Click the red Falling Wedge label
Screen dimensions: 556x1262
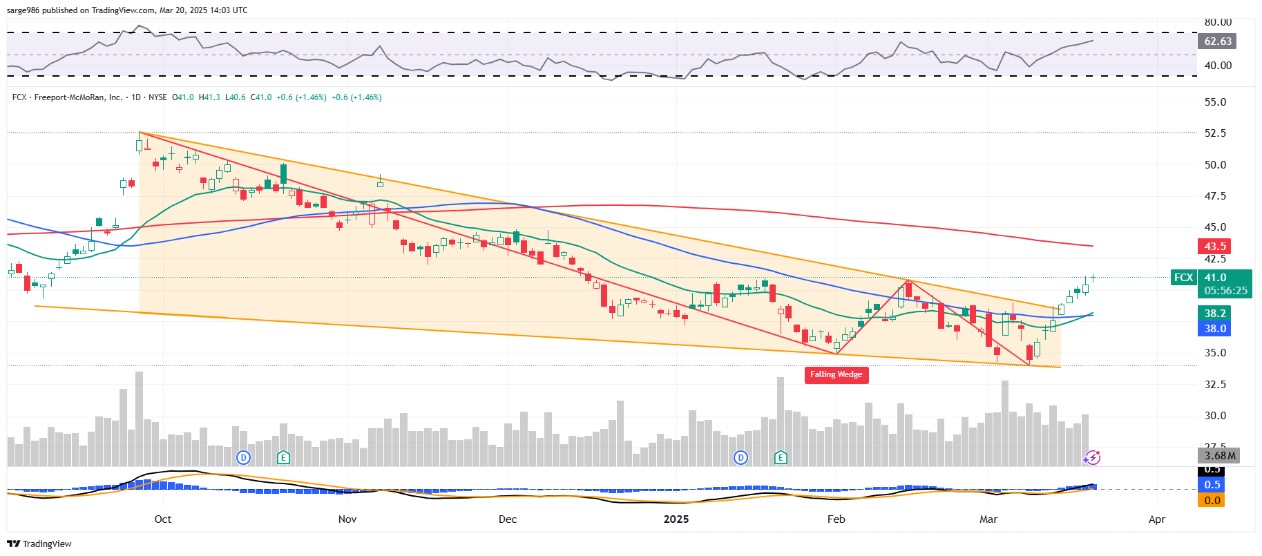pyautogui.click(x=836, y=374)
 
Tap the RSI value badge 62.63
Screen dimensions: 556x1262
pyautogui.click(x=1217, y=41)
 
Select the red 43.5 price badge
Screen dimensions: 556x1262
pyautogui.click(x=1214, y=247)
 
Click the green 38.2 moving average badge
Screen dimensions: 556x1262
pyautogui.click(x=1214, y=314)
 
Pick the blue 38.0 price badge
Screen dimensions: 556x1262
pyautogui.click(x=1214, y=329)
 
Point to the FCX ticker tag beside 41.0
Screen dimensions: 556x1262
pyautogui.click(x=1183, y=278)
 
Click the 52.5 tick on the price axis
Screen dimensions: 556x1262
pyautogui.click(x=1215, y=133)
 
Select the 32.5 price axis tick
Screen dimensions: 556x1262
pyautogui.click(x=1215, y=385)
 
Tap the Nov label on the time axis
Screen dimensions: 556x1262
pyautogui.click(x=347, y=519)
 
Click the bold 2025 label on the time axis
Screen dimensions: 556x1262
pyautogui.click(x=676, y=519)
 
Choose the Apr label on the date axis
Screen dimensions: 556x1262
pyautogui.click(x=1156, y=519)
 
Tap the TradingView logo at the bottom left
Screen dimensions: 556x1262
pyautogui.click(x=39, y=544)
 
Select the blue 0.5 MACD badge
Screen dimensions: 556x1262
pyautogui.click(x=1212, y=485)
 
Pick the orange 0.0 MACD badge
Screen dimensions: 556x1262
pyautogui.click(x=1212, y=501)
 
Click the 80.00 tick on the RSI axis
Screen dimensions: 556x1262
pyautogui.click(x=1218, y=22)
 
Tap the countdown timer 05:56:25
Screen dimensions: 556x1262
pyautogui.click(x=1225, y=291)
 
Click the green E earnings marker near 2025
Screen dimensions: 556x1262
pyautogui.click(x=781, y=457)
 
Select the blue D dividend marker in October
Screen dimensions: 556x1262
pyautogui.click(x=242, y=457)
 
